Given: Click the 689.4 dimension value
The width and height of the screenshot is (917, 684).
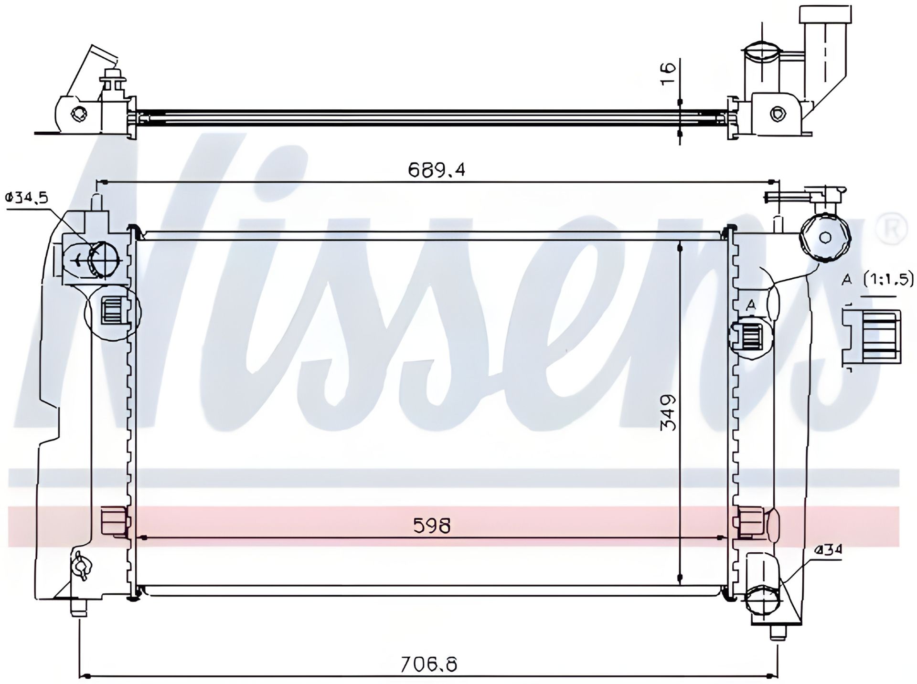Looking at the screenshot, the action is [436, 169].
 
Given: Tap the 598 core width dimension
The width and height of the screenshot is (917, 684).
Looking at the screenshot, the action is [432, 526].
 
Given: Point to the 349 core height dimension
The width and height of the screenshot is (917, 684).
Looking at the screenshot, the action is [670, 412].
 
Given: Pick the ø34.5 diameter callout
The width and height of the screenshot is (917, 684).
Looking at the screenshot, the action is [27, 196].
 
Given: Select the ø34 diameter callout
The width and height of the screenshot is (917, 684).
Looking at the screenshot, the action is [829, 550].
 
